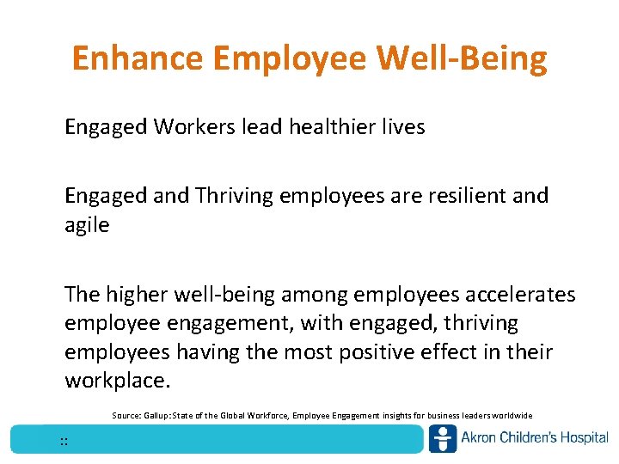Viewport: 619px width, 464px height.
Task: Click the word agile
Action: coord(87,225)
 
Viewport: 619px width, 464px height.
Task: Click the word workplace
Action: coord(115,381)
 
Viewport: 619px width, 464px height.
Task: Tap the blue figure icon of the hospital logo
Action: coord(443,438)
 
